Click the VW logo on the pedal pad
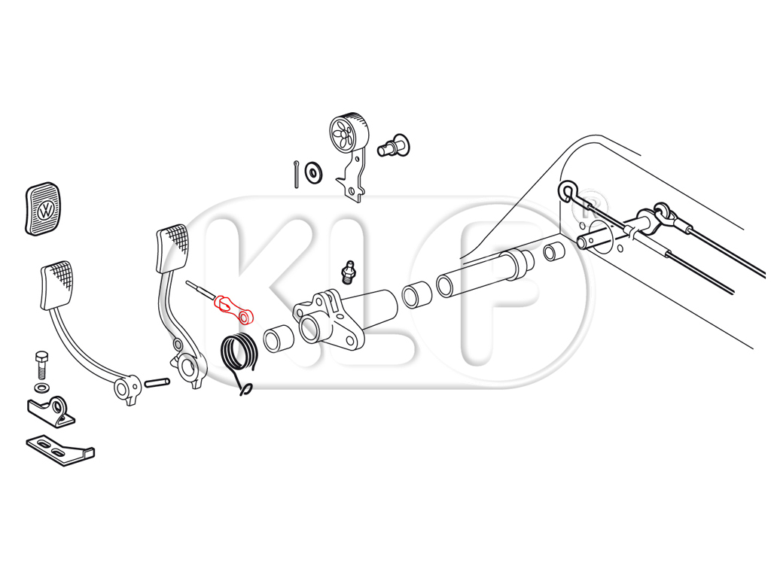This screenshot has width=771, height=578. point(46,211)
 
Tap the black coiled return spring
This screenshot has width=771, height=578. point(238,356)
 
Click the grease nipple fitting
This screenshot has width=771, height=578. point(349,272)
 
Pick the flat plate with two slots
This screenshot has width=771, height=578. point(59,449)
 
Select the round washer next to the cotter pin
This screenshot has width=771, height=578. point(313,172)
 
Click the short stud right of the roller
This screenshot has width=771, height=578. point(393,145)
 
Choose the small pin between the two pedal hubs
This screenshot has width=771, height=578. point(157,381)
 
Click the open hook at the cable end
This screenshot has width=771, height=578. point(567,191)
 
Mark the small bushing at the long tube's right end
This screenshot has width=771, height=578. point(554,251)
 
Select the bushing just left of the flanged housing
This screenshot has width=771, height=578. point(279,338)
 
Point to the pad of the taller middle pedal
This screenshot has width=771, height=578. point(172,248)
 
